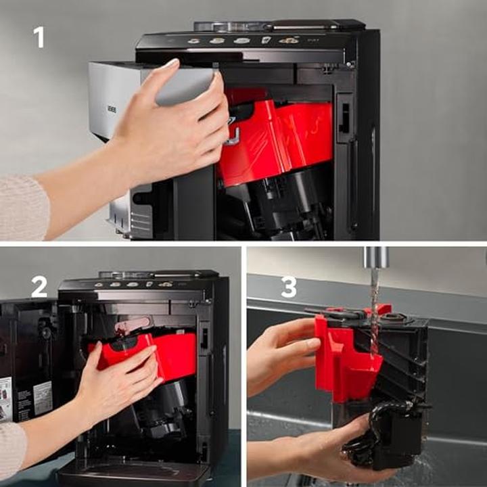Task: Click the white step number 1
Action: pos(39,36)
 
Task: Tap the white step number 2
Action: pos(39,287)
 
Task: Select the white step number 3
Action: pos(289,287)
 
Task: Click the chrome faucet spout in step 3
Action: pos(375,258)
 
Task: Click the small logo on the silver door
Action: pos(112,109)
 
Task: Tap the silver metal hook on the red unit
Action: pos(233,137)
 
